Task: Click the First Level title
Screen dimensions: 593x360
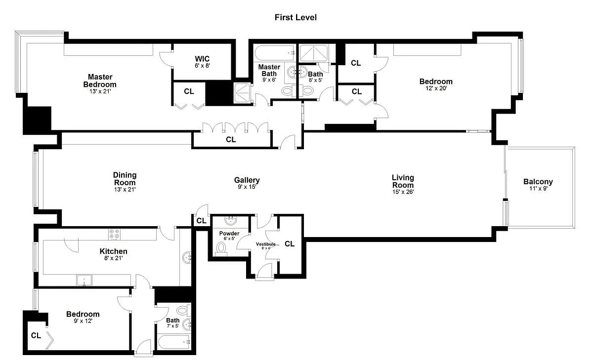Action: (x=296, y=17)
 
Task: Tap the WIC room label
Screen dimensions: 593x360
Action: (x=202, y=59)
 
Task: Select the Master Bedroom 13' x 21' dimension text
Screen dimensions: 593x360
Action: (x=100, y=91)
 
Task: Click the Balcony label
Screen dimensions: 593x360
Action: (x=538, y=182)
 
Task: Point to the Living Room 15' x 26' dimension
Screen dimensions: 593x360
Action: (x=403, y=192)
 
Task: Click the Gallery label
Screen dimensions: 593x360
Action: (x=247, y=180)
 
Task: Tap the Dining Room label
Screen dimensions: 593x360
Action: (x=125, y=179)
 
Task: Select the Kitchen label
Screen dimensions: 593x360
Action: (x=113, y=251)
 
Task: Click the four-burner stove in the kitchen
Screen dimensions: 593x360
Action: (x=114, y=235)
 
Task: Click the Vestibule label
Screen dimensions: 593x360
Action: (x=266, y=244)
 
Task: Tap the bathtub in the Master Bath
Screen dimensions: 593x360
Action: (x=275, y=53)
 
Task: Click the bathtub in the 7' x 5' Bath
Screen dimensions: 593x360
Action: (x=174, y=342)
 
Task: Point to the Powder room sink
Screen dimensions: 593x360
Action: (x=231, y=221)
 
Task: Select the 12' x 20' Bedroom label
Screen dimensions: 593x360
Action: (x=436, y=81)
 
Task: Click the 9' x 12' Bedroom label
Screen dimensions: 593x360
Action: (x=83, y=314)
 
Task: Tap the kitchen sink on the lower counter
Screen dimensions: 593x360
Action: (x=84, y=280)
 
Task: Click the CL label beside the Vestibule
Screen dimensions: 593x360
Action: (x=290, y=244)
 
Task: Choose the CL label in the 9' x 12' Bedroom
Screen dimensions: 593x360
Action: (x=36, y=335)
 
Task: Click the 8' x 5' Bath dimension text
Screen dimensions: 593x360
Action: (x=316, y=80)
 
